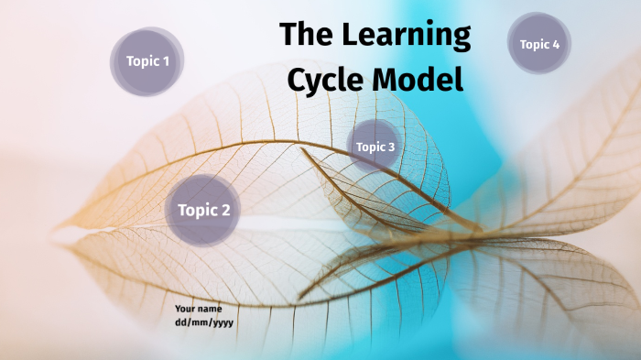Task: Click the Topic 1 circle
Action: coord(147,62)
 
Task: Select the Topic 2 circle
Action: coord(203,210)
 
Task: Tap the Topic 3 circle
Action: coord(375,147)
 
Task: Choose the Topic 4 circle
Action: coord(539,44)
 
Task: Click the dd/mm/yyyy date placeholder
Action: coord(204,322)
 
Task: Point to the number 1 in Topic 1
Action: coord(166,62)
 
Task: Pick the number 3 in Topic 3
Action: coord(391,147)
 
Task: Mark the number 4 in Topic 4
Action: coord(556,44)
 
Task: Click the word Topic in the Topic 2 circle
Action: coord(197,211)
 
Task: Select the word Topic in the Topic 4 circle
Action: coord(534,44)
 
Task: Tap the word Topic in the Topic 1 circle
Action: coord(142,62)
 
